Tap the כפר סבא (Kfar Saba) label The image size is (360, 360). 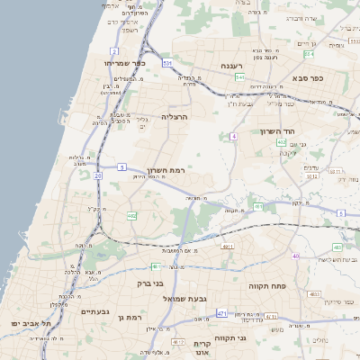[308, 78]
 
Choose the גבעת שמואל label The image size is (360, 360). [186, 297]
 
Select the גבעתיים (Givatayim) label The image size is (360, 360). [94, 311]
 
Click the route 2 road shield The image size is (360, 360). [114, 51]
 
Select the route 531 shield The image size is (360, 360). [167, 63]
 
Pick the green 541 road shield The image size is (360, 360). [240, 77]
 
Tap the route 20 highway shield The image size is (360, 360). [97, 175]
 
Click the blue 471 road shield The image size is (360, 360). [221, 312]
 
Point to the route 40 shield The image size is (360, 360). [294, 256]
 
